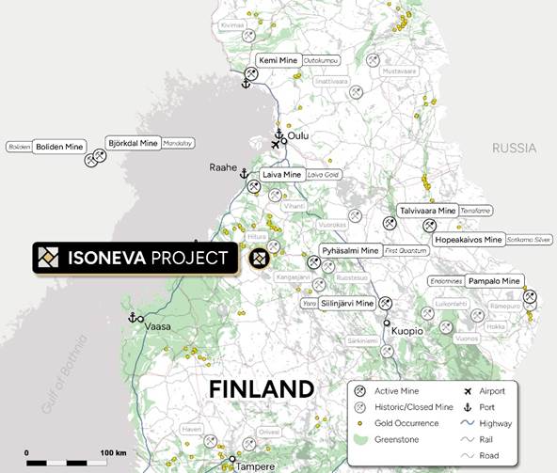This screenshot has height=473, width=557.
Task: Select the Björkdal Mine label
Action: [133, 143]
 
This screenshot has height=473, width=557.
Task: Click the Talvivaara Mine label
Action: [427, 211]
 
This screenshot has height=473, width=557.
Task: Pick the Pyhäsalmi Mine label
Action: [350, 251]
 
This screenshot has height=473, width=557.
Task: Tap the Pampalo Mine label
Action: [495, 281]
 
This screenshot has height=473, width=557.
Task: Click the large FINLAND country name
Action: [261, 388]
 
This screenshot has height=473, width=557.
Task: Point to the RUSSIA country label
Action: [514, 149]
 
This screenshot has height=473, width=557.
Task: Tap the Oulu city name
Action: [297, 136]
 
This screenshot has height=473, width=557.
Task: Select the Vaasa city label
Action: [158, 325]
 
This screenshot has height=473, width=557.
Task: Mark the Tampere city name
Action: [256, 465]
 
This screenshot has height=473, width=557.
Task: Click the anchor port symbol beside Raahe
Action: [244, 174]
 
